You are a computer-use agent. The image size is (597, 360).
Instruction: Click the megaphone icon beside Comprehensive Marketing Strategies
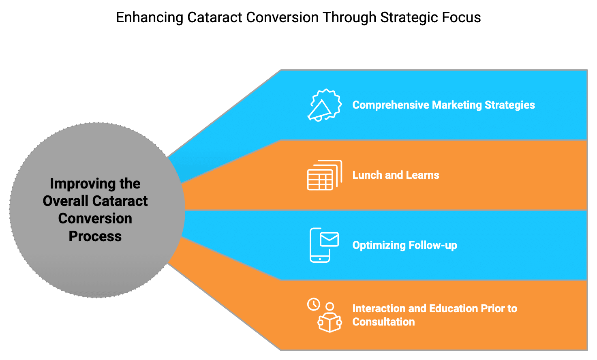324,105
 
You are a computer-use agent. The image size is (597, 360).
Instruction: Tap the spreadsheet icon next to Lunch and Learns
324,175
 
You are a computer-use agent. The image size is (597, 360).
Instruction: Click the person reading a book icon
330,318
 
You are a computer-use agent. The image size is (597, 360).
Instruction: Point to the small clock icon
314,304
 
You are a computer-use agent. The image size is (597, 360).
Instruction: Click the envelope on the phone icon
330,239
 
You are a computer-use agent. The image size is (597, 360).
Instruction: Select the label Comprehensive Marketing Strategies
443,105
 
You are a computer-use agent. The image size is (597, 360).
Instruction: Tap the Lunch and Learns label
396,175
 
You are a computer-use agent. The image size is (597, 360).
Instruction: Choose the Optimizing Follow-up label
404,245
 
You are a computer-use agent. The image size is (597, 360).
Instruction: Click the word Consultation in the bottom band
383,321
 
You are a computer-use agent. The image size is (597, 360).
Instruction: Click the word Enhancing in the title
150,17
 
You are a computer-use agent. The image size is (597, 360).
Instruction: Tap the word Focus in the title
461,17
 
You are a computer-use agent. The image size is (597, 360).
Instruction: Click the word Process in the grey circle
95,236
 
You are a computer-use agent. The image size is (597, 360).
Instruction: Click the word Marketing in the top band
457,105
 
